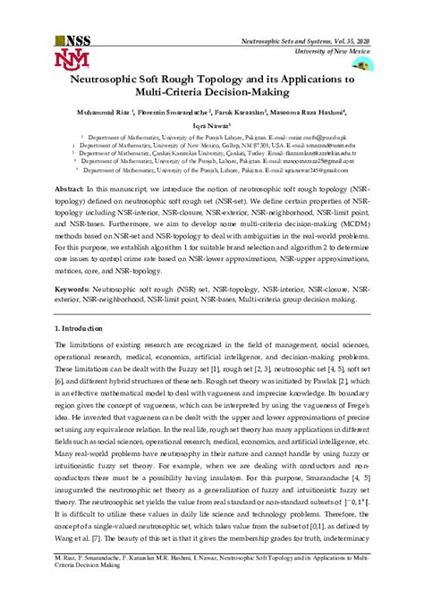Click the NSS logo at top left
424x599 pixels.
73,40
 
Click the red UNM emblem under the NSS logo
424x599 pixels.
72,60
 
